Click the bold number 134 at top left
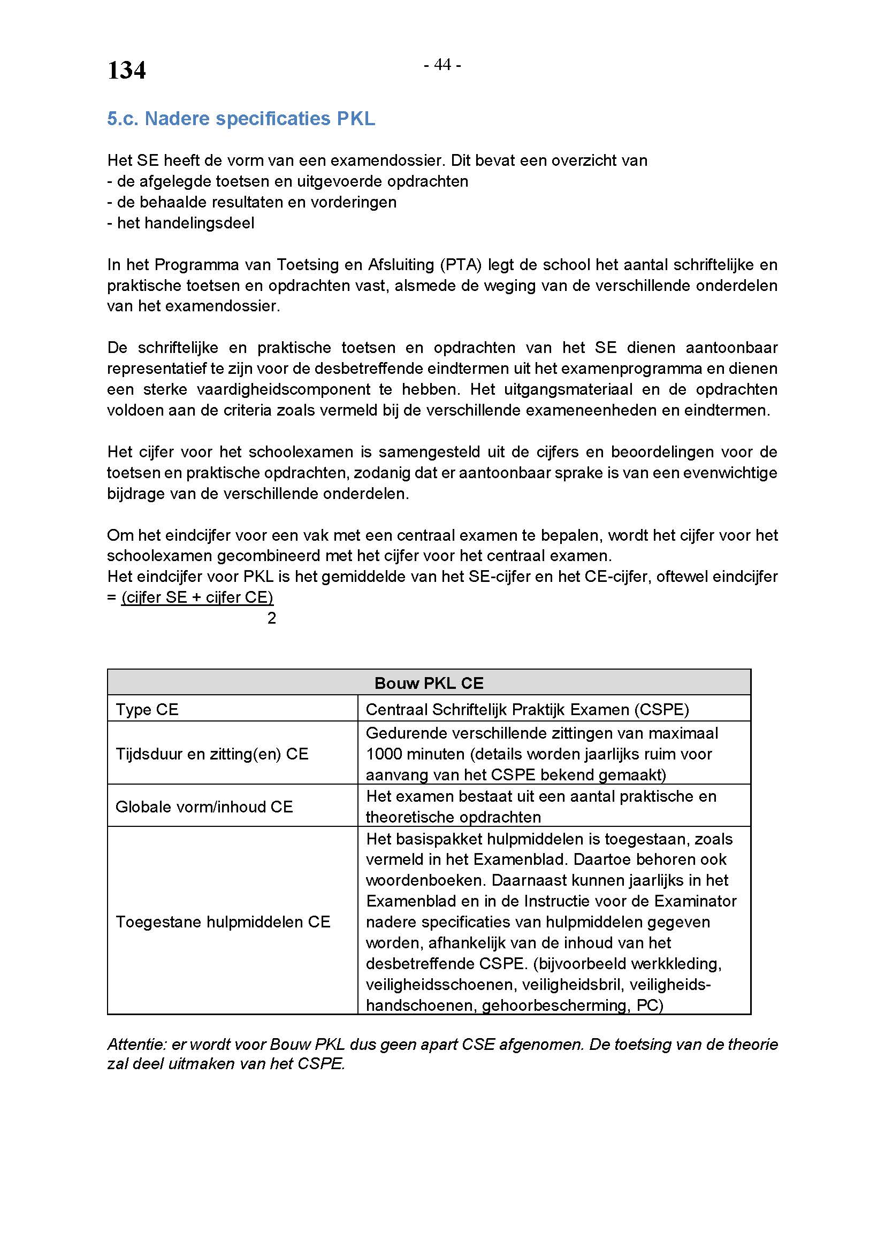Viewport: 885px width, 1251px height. [x=126, y=70]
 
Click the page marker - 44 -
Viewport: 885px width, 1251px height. [x=442, y=65]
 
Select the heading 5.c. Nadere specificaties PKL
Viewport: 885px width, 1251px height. [x=241, y=119]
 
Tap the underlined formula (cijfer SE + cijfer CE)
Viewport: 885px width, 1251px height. [x=197, y=597]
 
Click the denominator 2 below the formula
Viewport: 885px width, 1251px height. [x=271, y=618]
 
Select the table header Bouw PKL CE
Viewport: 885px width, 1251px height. [x=429, y=682]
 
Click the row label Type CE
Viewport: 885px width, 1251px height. [x=147, y=709]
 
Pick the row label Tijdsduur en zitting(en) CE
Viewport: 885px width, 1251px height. [x=212, y=754]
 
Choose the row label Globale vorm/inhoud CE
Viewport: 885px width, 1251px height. [x=204, y=807]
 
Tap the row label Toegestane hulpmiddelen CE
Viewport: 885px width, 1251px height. [x=223, y=922]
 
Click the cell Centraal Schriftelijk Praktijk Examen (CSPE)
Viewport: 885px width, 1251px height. [x=527, y=709]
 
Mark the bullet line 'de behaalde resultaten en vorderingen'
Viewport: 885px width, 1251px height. [x=252, y=202]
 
